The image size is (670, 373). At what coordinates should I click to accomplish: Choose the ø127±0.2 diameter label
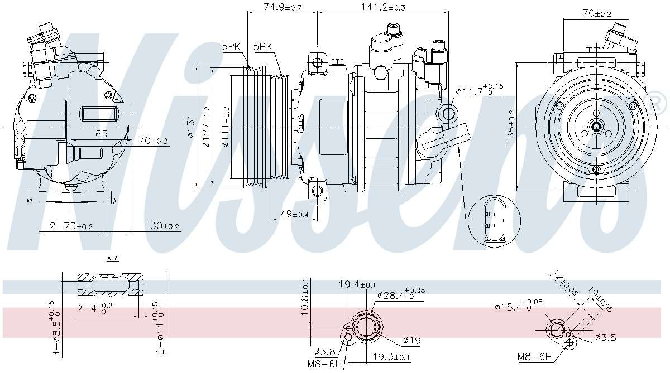tap(206, 127)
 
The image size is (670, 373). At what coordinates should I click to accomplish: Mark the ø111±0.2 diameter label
tap(226, 127)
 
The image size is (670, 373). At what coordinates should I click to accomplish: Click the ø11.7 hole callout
tap(479, 90)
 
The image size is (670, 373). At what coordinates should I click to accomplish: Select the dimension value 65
tap(101, 134)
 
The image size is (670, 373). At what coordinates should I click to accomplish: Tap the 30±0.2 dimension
tap(165, 226)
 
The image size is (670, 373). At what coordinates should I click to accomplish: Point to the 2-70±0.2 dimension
tap(71, 226)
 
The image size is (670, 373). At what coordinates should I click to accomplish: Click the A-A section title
tap(112, 259)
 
